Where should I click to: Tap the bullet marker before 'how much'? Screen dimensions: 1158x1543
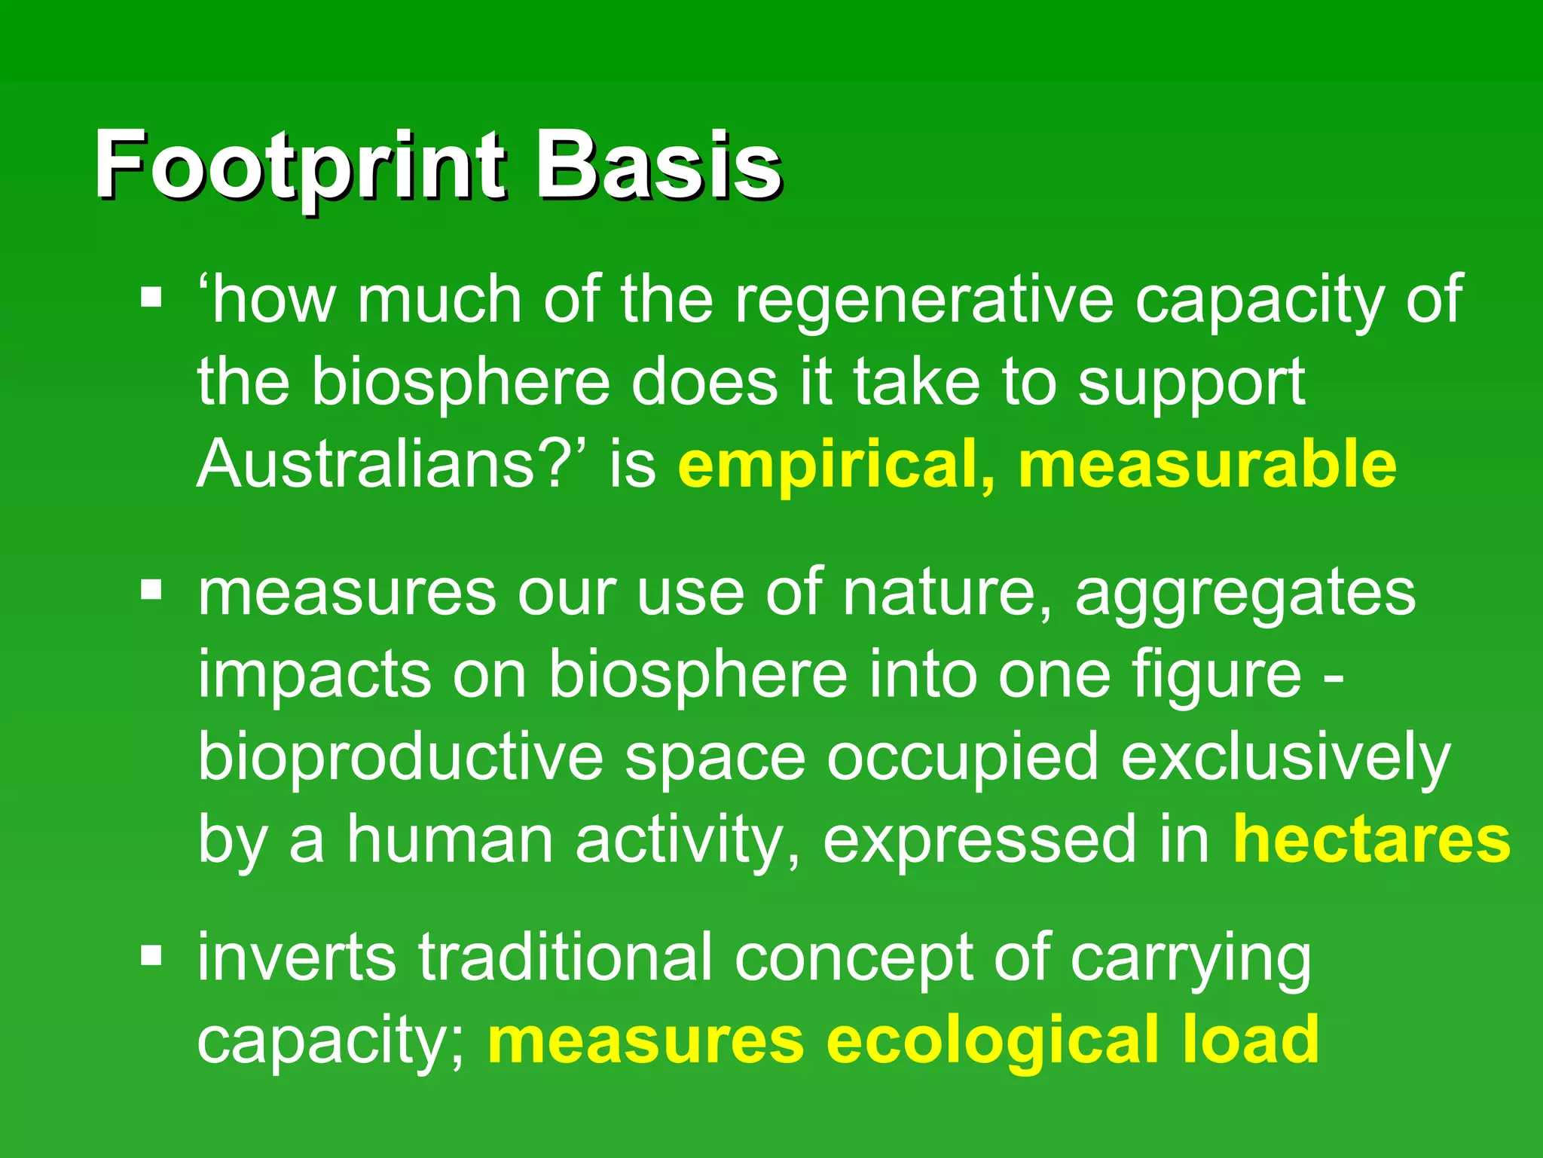point(151,297)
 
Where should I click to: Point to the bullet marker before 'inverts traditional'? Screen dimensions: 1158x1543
point(151,956)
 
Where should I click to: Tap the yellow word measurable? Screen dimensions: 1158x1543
point(1207,464)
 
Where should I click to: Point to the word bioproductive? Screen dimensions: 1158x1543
point(400,758)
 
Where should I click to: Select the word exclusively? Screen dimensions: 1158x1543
point(1285,758)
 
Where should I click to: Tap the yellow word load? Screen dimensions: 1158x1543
point(1251,1040)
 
